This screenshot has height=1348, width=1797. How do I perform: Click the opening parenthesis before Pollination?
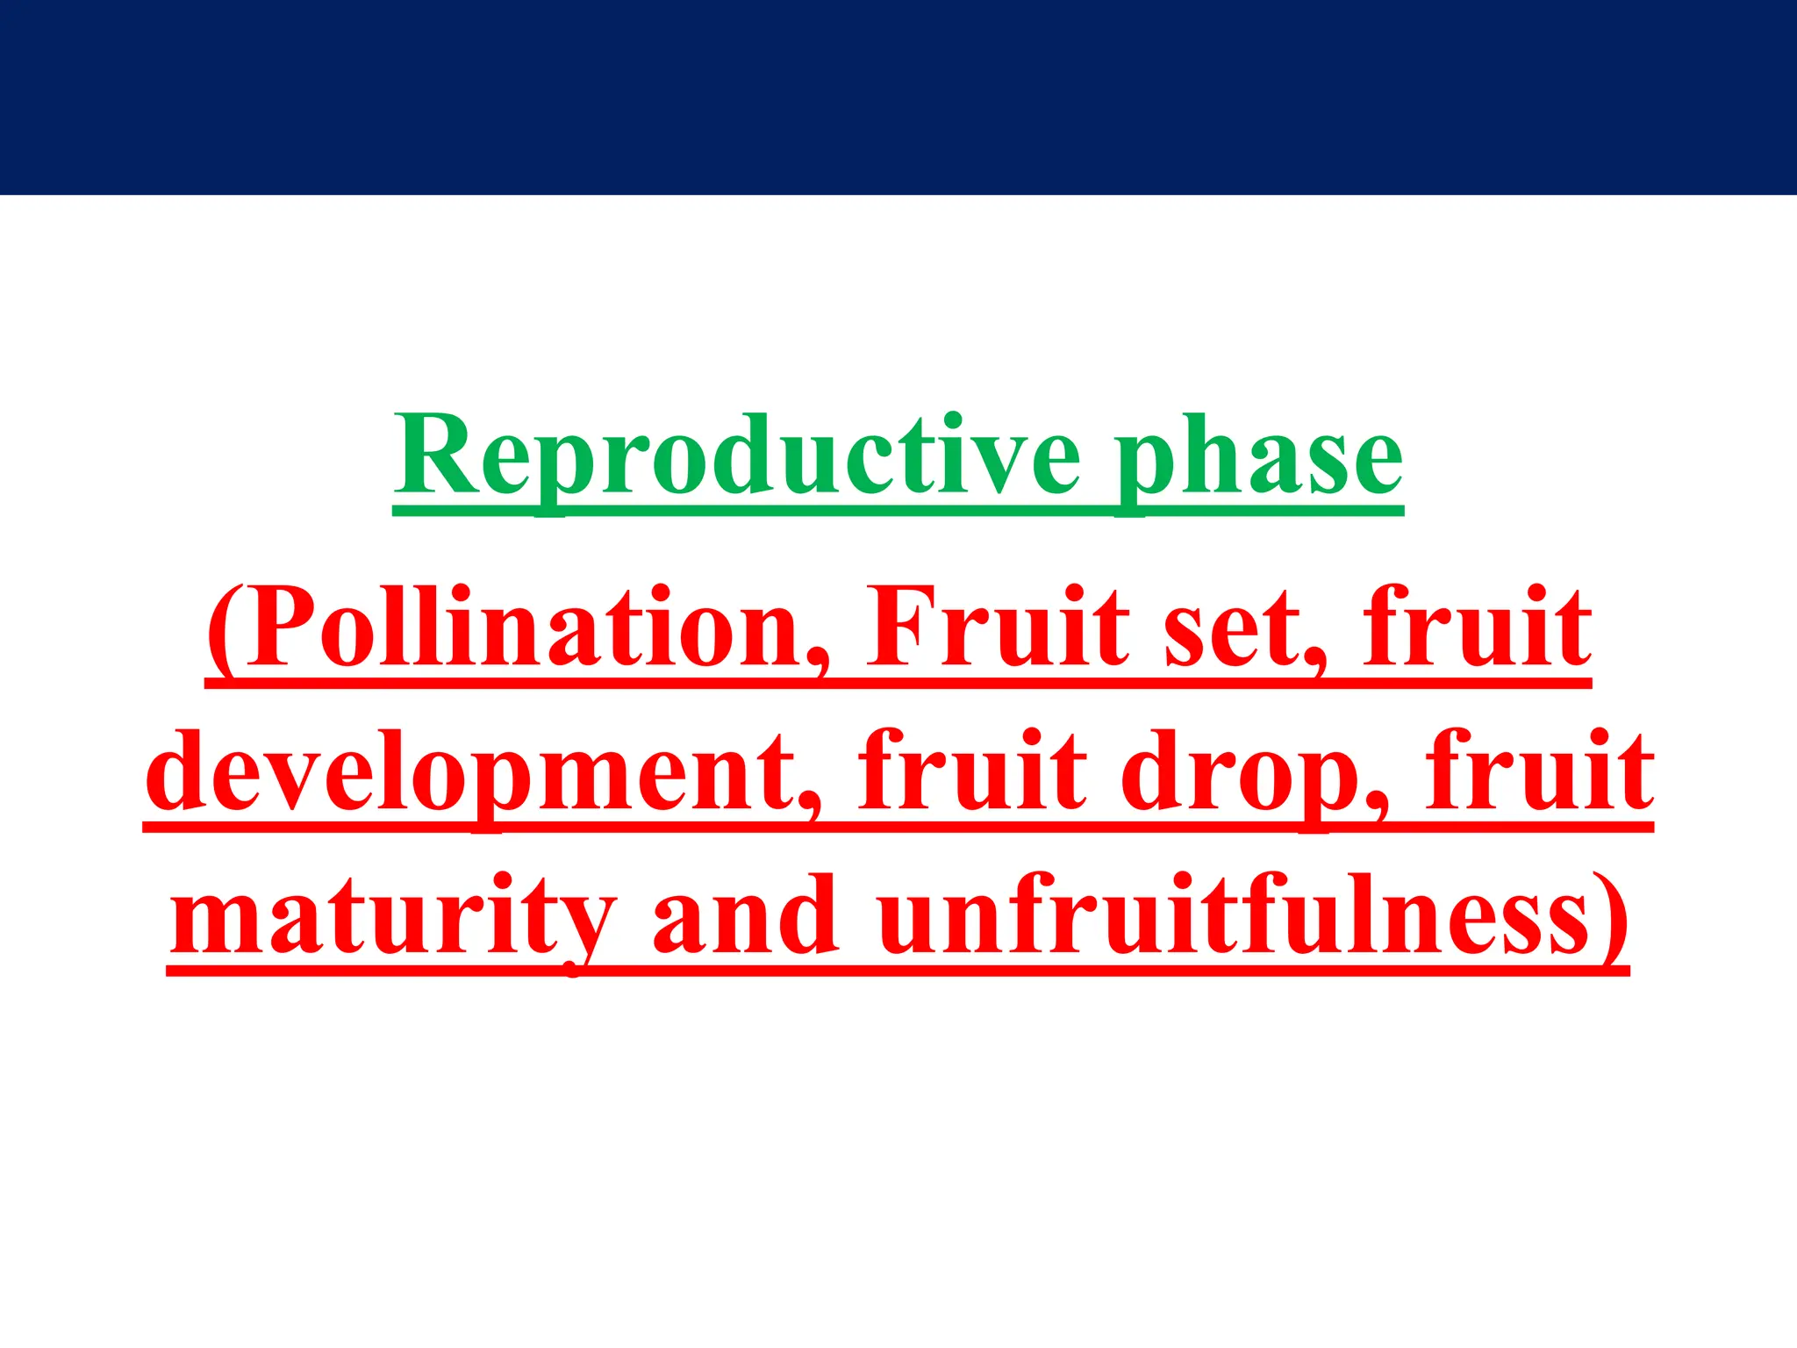[x=225, y=628]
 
